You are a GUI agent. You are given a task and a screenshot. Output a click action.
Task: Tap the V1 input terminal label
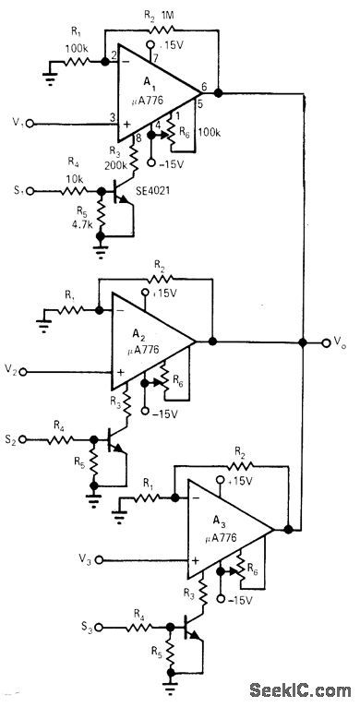pos(17,121)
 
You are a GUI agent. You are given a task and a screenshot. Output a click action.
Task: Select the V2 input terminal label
pos(17,370)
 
